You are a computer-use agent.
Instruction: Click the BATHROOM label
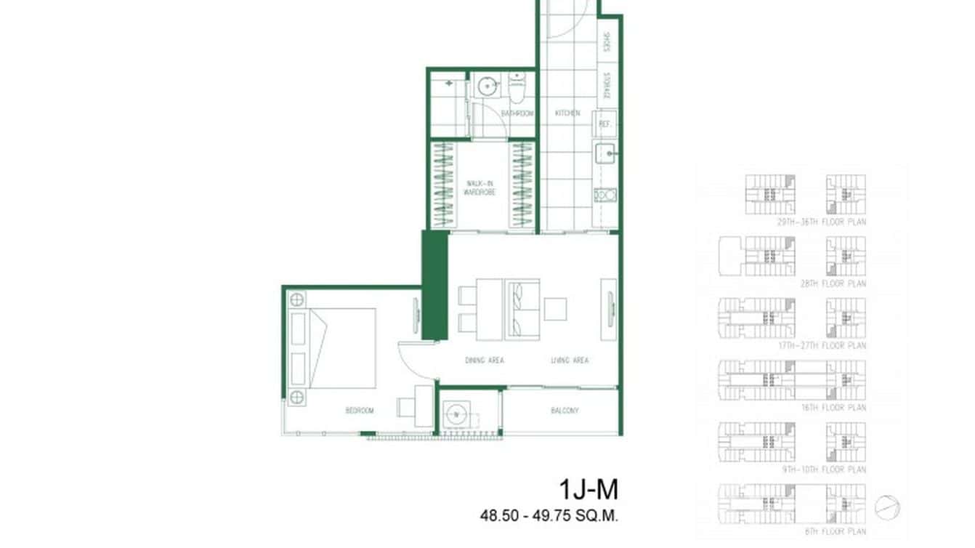tap(517, 113)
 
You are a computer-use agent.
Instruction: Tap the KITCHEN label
tap(567, 113)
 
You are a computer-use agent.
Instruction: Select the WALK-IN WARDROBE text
tap(480, 188)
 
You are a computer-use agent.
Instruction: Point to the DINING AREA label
tap(485, 360)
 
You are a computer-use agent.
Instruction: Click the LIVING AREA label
tap(570, 360)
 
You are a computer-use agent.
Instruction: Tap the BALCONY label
tap(565, 411)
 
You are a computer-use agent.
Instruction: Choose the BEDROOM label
tap(359, 411)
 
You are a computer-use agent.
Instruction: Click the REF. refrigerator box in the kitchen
tap(604, 124)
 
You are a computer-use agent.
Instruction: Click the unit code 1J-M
tap(588, 490)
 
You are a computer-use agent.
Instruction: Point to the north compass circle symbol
tap(886, 507)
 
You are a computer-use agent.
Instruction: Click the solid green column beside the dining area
tap(434, 286)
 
